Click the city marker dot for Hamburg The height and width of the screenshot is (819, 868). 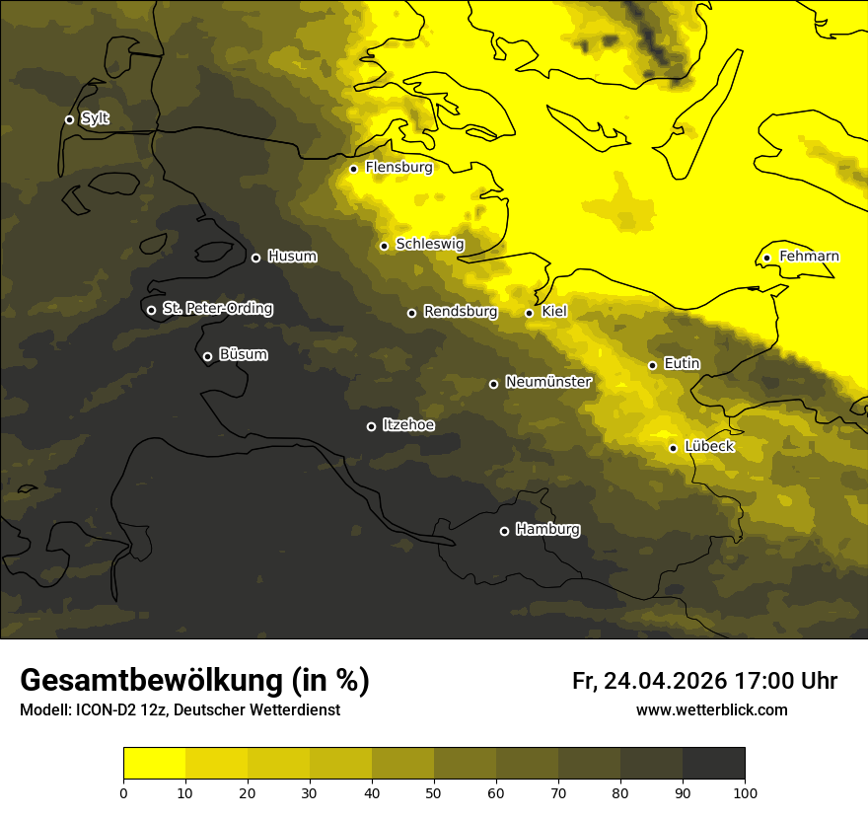504,531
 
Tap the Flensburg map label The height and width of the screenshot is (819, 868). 398,168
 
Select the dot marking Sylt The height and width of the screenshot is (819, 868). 69,119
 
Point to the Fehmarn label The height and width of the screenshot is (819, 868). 809,257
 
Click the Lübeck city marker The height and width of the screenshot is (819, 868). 673,448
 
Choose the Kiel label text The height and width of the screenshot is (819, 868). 554,312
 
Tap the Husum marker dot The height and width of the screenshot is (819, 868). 255,258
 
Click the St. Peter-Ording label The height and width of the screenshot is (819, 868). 217,309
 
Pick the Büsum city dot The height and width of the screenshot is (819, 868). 207,357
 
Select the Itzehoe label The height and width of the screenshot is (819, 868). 408,425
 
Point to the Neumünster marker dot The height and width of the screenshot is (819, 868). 493,384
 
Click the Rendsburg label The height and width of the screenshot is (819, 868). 461,312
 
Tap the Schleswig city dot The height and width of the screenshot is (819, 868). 384,246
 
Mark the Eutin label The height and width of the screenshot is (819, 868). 682,364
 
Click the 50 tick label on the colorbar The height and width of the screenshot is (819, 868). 434,792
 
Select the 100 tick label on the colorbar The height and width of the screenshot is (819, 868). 745,792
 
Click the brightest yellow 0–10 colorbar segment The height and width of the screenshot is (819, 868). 155,764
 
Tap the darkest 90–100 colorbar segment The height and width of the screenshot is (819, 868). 713,764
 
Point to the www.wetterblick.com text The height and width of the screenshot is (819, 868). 711,710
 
